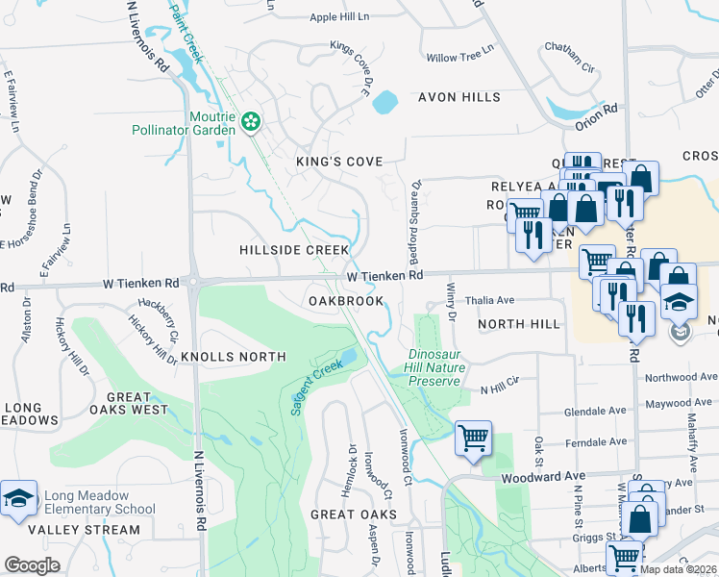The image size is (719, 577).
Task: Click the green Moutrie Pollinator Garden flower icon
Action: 251,121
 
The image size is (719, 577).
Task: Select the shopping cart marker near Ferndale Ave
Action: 473,439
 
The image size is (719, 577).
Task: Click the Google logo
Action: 32,565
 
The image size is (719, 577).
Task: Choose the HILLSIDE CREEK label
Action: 294,250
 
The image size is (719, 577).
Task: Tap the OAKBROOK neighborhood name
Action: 346,301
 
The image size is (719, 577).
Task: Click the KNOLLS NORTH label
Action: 240,357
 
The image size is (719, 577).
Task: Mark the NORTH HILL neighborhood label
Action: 519,324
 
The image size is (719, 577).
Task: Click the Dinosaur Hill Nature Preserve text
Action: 436,367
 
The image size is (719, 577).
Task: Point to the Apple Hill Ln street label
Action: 339,17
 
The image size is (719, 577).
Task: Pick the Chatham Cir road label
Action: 571,46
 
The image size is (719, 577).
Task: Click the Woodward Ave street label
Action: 543,476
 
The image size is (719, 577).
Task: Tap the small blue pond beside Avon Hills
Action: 384,100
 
